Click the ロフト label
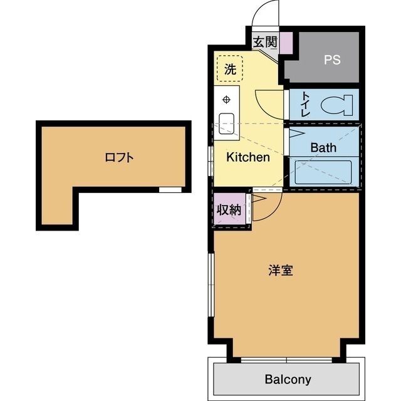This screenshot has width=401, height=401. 119,158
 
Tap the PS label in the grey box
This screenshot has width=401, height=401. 331,60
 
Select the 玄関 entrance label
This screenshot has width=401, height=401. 264,42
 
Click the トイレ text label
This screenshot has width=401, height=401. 305,105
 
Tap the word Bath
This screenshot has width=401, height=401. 323,148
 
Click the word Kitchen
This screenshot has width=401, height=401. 247,157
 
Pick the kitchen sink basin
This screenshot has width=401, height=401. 226,123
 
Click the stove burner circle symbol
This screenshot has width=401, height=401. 226,99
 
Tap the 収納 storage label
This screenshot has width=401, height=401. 229,210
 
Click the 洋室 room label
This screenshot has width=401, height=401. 281,271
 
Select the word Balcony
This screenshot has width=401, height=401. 288,379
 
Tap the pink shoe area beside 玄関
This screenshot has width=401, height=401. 286,43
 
